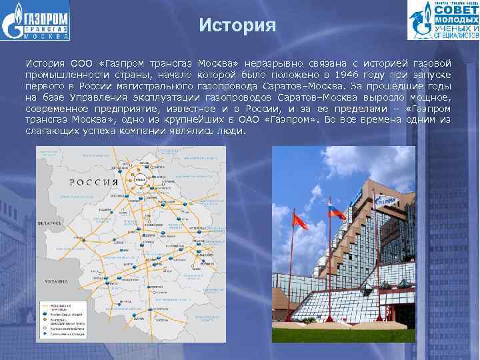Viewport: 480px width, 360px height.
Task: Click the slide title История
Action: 237,26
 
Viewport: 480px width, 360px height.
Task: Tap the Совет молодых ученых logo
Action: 443,21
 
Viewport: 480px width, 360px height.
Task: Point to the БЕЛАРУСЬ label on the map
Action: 49,222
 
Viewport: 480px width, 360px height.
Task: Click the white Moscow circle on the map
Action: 141,181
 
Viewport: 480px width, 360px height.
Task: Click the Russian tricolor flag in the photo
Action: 337,213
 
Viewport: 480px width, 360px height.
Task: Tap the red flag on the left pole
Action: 301,220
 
